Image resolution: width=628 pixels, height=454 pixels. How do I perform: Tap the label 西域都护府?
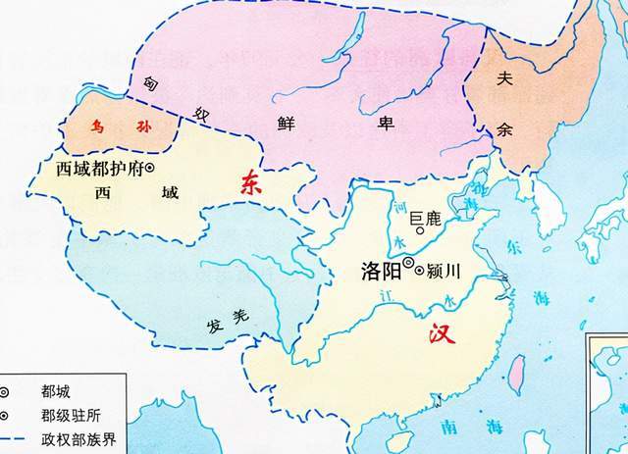pos(97,169)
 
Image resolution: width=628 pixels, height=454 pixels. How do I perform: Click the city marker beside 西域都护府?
pos(150,169)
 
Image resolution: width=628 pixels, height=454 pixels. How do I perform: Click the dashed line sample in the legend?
pos(21,437)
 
